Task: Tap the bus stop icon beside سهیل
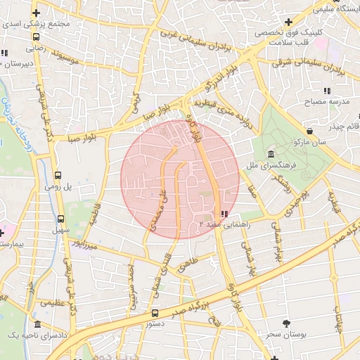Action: pos(60,219)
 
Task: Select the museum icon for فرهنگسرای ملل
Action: pos(271,155)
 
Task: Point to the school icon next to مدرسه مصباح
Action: pos(327,91)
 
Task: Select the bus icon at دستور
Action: pos(155,313)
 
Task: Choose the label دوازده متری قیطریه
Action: pos(223,109)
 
